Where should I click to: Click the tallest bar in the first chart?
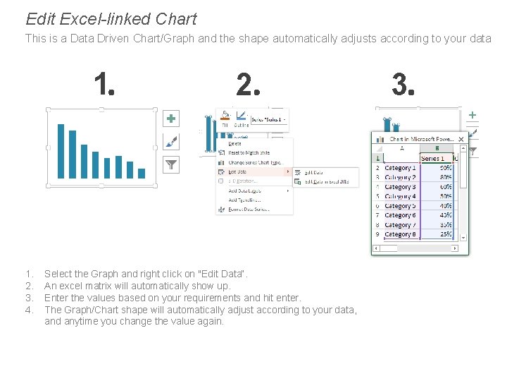click(x=61, y=151)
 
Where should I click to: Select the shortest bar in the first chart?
click(x=141, y=173)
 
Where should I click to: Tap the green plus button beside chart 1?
click(x=171, y=119)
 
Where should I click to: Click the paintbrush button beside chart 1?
click(x=171, y=142)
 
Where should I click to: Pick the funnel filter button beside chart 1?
click(x=171, y=164)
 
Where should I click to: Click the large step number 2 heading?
click(x=248, y=85)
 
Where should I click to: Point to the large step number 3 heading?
click(x=403, y=85)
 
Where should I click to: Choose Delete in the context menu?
click(x=235, y=143)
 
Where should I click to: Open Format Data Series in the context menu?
click(x=249, y=210)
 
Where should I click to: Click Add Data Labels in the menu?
click(x=244, y=190)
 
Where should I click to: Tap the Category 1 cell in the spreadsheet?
click(x=400, y=168)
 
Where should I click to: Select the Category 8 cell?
click(x=400, y=234)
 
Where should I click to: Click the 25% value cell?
click(x=445, y=234)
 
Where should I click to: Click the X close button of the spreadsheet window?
click(x=461, y=140)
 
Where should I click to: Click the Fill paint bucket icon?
click(x=225, y=116)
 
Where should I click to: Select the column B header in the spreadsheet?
click(x=437, y=148)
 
